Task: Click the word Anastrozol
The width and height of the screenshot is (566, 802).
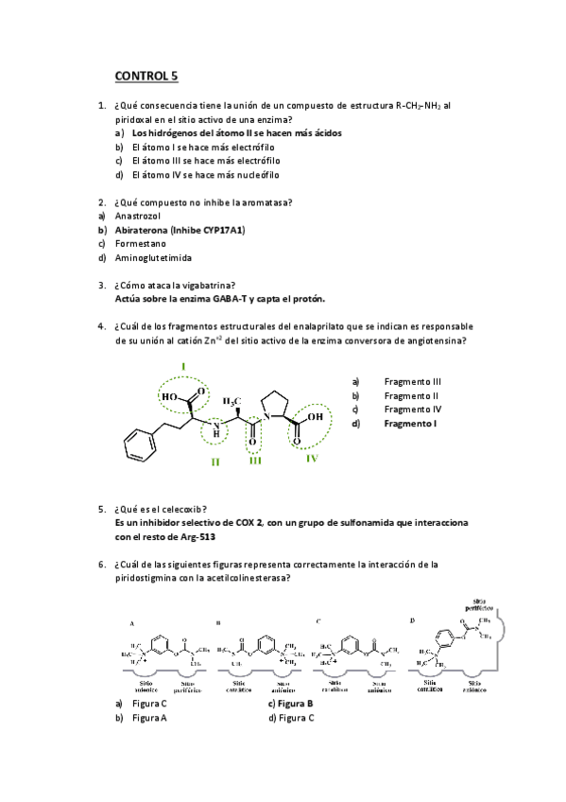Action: point(139,216)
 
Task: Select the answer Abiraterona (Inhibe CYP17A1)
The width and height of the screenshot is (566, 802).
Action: point(179,230)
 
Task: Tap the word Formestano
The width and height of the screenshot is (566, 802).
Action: point(140,243)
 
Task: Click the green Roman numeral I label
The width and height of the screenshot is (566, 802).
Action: point(182,365)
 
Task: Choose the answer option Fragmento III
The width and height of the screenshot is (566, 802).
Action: point(413,381)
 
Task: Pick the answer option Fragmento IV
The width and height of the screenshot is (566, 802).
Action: point(413,410)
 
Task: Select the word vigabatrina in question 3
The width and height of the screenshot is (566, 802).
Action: point(208,285)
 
